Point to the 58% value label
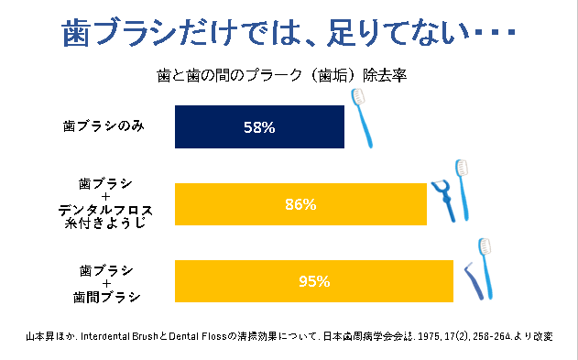pyautogui.click(x=259, y=127)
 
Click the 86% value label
pyautogui.click(x=300, y=204)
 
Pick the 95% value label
pyautogui.click(x=313, y=281)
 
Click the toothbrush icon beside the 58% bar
pyautogui.click(x=365, y=117)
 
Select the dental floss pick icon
pyautogui.click(x=443, y=199)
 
